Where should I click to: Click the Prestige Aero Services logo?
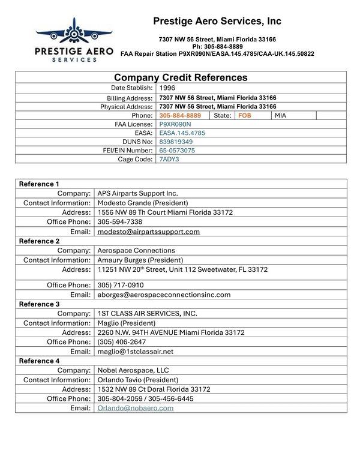pyautogui.click(x=74, y=40)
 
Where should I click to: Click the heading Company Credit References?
pyautogui.click(x=181, y=77)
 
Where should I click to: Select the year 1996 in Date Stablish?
pyautogui.click(x=167, y=88)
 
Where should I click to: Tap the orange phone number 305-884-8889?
pyautogui.click(x=180, y=115)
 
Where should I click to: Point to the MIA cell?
pyautogui.click(x=281, y=115)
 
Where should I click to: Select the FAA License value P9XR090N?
pyautogui.click(x=175, y=124)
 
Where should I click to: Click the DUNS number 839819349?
pyautogui.click(x=176, y=142)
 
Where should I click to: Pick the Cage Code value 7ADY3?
pyautogui.click(x=169, y=160)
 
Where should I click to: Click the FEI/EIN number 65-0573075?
pyautogui.click(x=177, y=151)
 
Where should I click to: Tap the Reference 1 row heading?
pyautogui.click(x=40, y=184)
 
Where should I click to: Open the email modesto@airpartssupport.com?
pyautogui.click(x=148, y=231)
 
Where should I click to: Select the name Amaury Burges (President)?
pyautogui.click(x=140, y=260)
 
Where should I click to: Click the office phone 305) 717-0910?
pyautogui.click(x=121, y=285)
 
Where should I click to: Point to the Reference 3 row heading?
pyautogui.click(x=40, y=304)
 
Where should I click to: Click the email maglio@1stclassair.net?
pyautogui.click(x=135, y=351)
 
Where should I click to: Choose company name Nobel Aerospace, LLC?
pyautogui.click(x=133, y=370)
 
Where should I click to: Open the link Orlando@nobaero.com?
pyautogui.click(x=136, y=408)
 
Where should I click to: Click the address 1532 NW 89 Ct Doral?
pyautogui.click(x=154, y=389)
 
